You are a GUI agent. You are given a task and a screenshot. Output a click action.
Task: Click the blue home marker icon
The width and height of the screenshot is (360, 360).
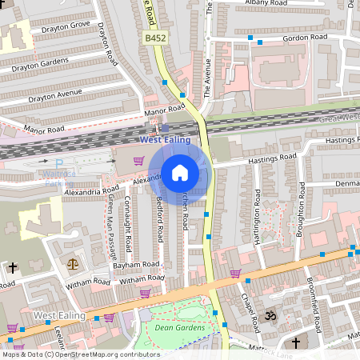(x=180, y=172)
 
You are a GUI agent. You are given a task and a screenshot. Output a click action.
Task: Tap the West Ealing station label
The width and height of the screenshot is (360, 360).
(x=165, y=140)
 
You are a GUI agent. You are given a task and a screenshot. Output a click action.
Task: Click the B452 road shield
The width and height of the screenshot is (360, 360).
(x=155, y=38)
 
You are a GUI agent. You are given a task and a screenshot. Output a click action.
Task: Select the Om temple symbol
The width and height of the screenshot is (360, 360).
(x=270, y=315)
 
